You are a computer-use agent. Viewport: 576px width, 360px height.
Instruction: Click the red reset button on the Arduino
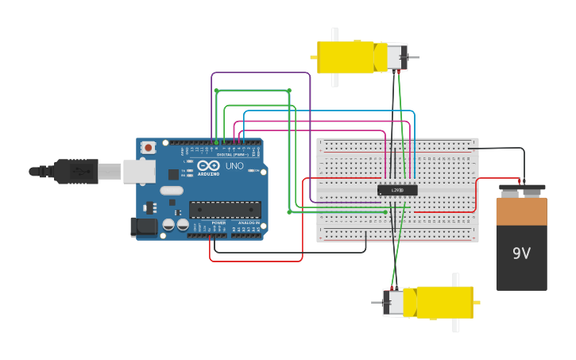pyautogui.click(x=149, y=147)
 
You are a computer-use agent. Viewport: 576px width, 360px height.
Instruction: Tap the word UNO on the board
pyautogui.click(x=234, y=166)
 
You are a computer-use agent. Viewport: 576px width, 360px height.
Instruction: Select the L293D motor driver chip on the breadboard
pyautogui.click(x=397, y=190)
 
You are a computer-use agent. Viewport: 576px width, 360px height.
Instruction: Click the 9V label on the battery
pyautogui.click(x=521, y=254)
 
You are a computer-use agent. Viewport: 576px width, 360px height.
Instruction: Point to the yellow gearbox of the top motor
pyautogui.click(x=350, y=57)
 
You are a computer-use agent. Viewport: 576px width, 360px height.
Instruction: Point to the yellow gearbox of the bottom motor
pyautogui.click(x=441, y=302)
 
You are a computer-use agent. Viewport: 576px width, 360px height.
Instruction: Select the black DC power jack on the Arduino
pyautogui.click(x=144, y=226)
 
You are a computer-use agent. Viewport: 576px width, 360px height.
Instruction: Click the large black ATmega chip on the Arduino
pyautogui.click(x=225, y=209)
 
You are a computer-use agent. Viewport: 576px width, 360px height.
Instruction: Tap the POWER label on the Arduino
pyautogui.click(x=218, y=223)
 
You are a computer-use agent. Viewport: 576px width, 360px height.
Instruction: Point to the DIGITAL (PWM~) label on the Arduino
pyautogui.click(x=234, y=153)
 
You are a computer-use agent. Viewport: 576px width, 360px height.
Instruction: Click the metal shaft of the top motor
pyautogui.click(x=414, y=57)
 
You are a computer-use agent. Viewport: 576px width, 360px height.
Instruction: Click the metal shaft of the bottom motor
pyautogui.click(x=377, y=302)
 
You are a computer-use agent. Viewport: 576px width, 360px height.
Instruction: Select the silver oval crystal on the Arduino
pyautogui.click(x=171, y=190)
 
